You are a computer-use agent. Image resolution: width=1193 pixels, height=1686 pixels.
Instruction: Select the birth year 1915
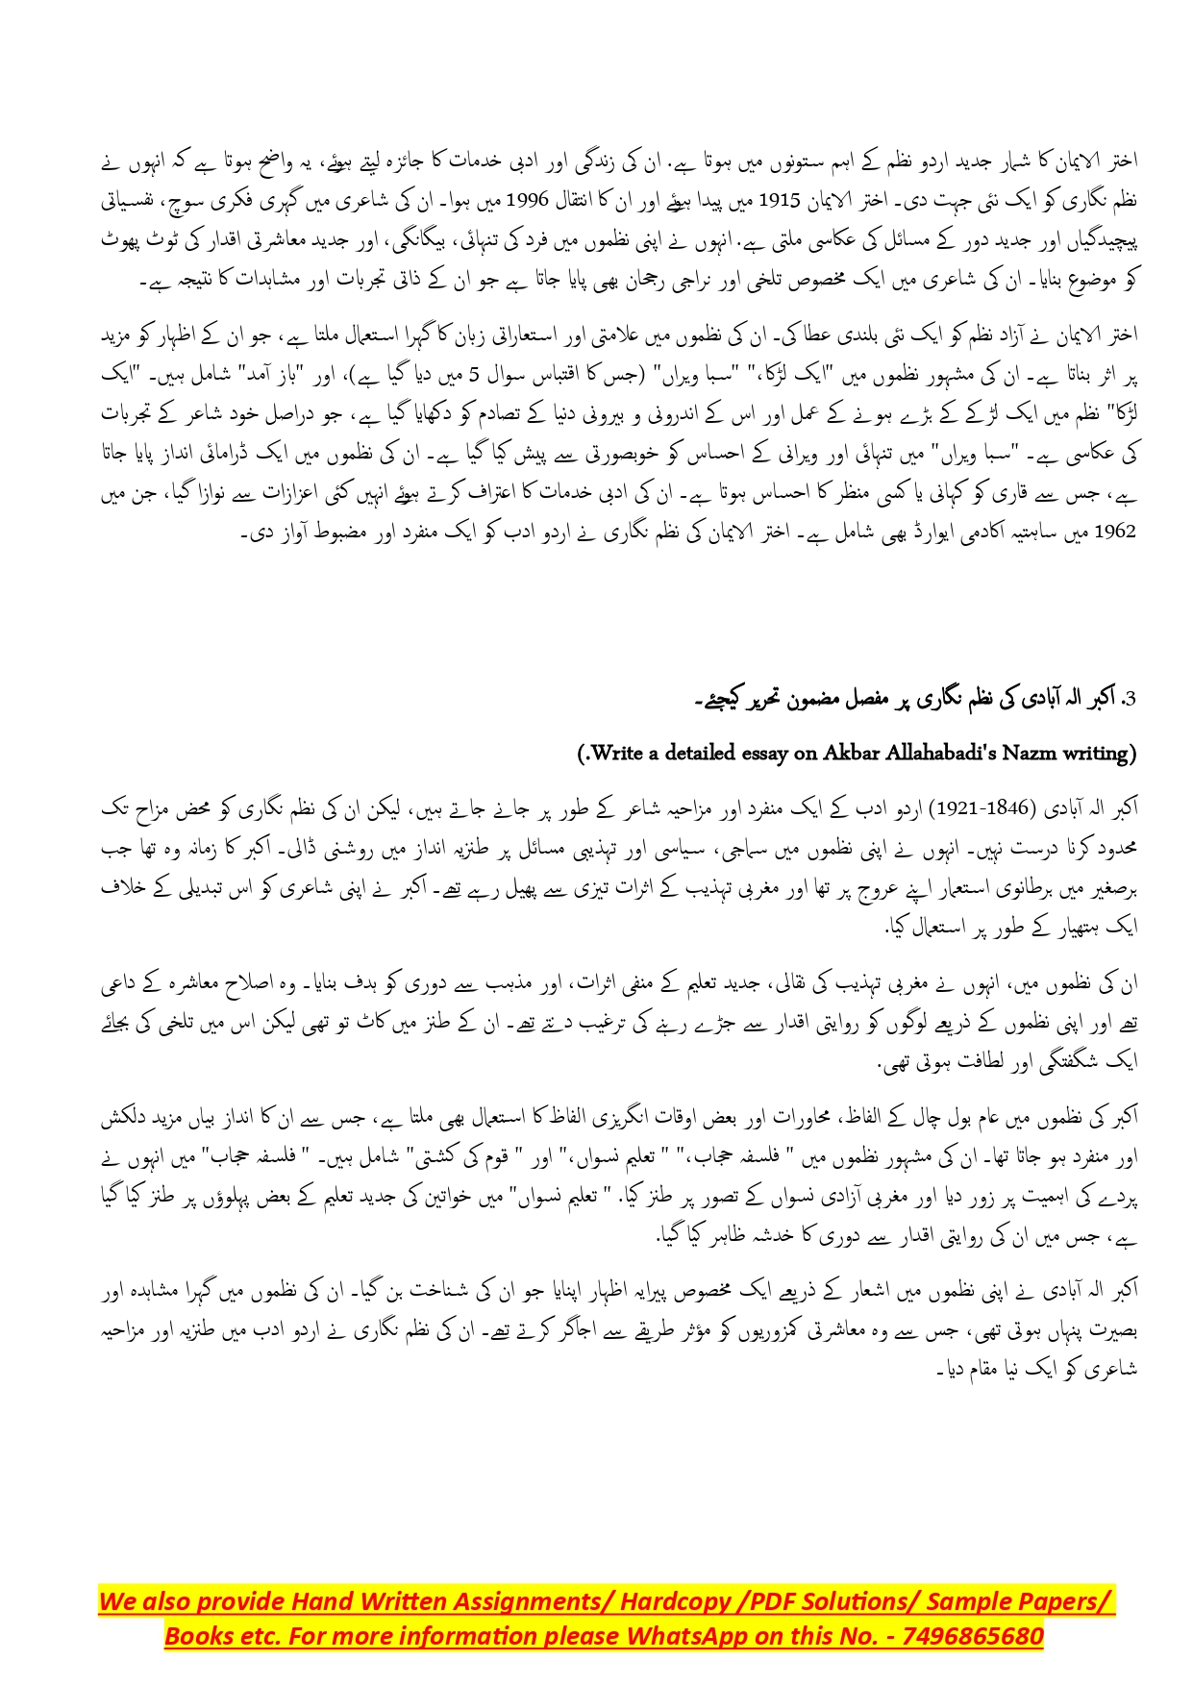(784, 200)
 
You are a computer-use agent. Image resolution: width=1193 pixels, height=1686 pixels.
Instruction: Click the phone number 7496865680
(972, 1636)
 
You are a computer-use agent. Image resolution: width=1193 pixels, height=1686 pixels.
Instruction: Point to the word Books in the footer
(198, 1636)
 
